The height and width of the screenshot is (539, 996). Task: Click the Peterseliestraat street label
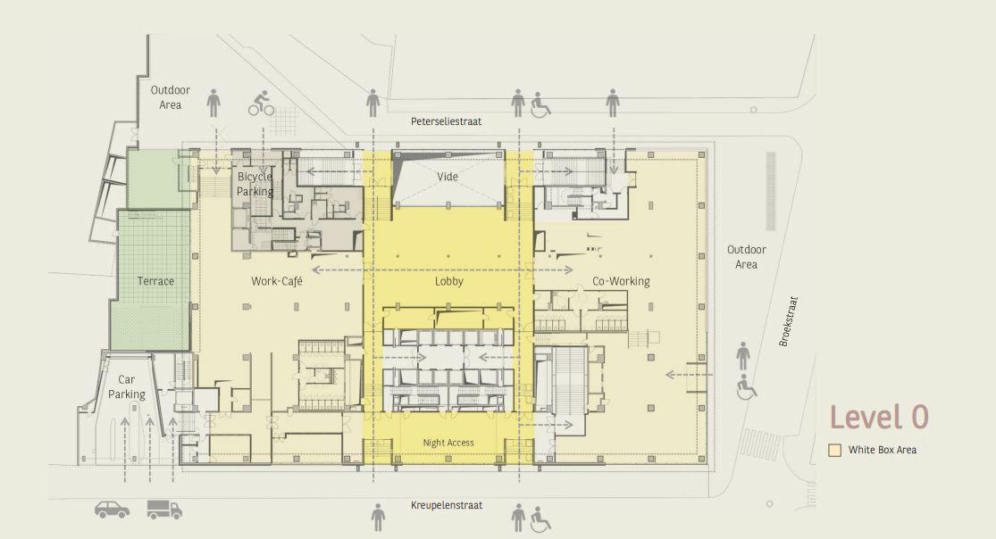click(x=447, y=121)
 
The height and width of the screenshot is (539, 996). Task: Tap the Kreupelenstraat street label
click(x=447, y=505)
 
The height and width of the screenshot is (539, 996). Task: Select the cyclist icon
click(x=262, y=104)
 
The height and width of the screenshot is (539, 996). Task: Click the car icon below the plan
click(x=112, y=510)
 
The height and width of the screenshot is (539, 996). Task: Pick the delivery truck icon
click(x=164, y=510)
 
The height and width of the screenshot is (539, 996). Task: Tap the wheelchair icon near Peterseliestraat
click(x=541, y=105)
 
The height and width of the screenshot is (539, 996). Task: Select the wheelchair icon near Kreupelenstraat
click(x=541, y=518)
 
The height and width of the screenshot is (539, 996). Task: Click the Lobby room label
click(x=448, y=282)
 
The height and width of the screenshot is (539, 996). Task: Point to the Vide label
click(x=448, y=177)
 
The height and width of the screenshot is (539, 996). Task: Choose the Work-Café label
click(x=277, y=282)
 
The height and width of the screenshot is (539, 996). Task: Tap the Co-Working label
click(x=621, y=282)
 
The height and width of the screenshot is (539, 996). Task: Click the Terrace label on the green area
click(x=155, y=281)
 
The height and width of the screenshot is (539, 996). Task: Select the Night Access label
click(x=448, y=443)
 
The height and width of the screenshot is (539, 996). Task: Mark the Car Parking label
click(x=126, y=387)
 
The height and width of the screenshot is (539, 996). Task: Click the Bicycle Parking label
click(x=255, y=184)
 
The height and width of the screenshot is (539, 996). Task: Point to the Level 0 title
click(x=879, y=417)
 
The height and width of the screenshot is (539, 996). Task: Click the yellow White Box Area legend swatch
click(x=835, y=450)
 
